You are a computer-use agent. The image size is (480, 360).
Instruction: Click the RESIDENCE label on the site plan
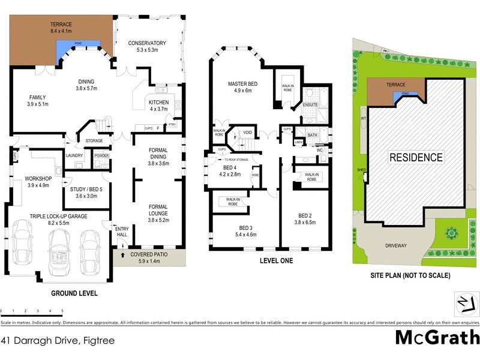tap(416, 158)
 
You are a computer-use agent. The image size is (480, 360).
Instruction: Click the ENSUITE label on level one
tap(310, 104)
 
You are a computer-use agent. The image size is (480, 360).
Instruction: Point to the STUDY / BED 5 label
tap(86, 179)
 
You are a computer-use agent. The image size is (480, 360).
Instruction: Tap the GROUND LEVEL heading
tap(74, 293)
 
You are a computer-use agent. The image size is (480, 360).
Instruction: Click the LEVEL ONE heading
tap(276, 261)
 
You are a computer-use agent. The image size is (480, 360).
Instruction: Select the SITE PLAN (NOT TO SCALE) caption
tap(410, 275)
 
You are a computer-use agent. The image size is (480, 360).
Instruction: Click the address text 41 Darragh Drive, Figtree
tap(58, 340)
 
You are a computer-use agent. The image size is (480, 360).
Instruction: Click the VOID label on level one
tap(247, 133)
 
